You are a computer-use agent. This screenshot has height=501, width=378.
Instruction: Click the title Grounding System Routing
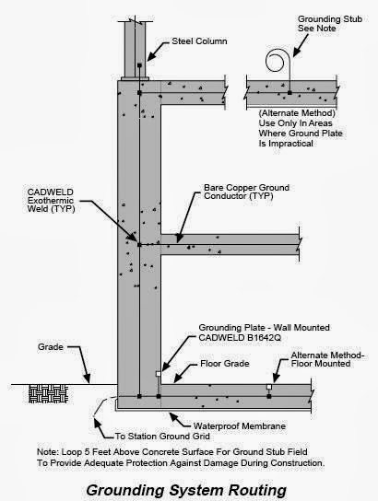point(189,487)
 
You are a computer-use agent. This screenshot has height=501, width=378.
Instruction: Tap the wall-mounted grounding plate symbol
point(159,375)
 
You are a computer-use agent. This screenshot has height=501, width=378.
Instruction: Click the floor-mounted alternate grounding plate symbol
point(268,386)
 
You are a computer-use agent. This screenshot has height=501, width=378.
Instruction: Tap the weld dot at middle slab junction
point(138,244)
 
